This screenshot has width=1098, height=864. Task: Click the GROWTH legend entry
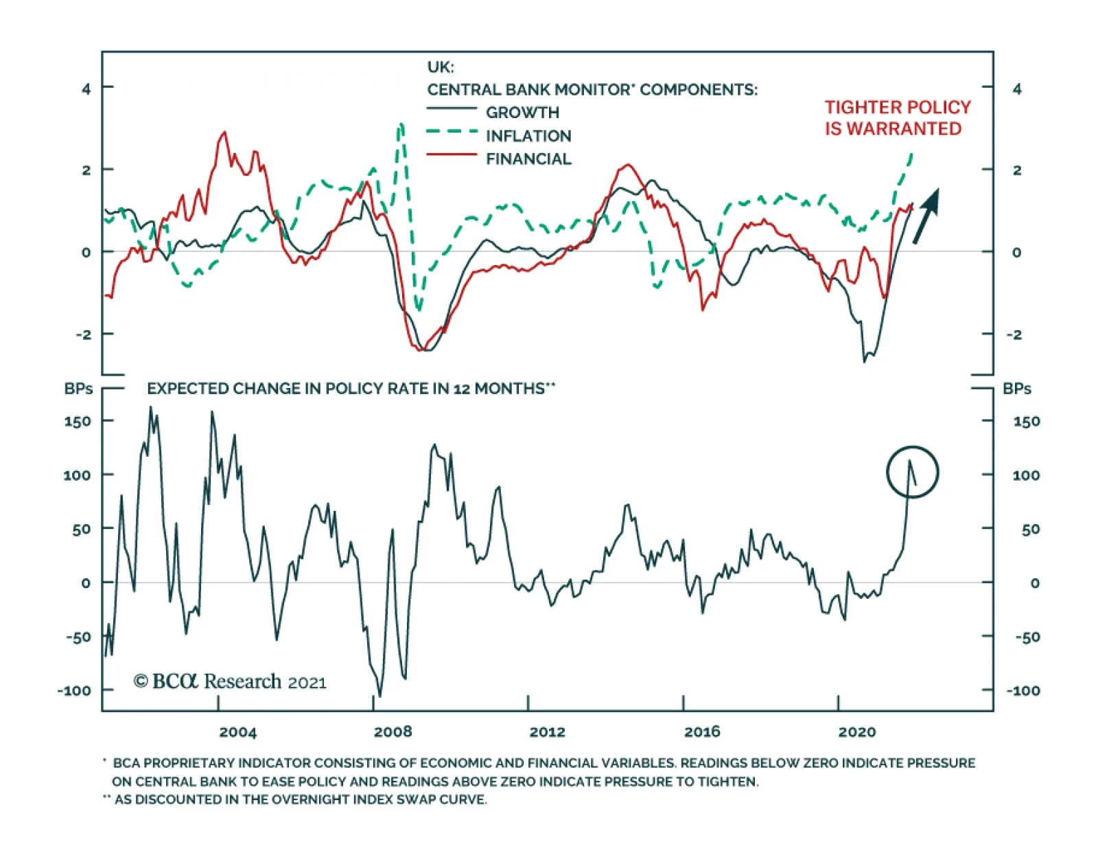click(522, 113)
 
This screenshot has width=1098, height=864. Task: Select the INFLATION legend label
click(528, 136)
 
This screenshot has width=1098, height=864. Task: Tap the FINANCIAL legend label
click(528, 159)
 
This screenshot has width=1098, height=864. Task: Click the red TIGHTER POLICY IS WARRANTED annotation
click(897, 118)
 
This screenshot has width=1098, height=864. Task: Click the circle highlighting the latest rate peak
click(912, 472)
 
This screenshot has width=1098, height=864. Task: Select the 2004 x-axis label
click(237, 732)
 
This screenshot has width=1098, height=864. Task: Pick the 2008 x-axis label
click(393, 732)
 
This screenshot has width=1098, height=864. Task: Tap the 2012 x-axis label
click(547, 732)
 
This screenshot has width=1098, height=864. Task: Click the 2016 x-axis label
click(702, 732)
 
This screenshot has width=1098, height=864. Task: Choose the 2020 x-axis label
click(857, 732)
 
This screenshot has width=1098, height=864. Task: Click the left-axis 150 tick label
click(78, 421)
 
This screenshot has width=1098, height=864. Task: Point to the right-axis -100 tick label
click(1023, 690)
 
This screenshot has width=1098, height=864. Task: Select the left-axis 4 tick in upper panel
click(86, 89)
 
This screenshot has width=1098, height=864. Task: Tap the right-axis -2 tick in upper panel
click(1014, 335)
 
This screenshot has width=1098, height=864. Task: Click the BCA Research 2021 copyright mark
click(230, 681)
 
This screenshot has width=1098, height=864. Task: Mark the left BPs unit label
click(78, 389)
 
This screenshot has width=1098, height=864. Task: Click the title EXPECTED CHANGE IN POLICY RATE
click(351, 389)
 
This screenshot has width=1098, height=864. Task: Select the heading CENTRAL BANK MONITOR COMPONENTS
click(592, 90)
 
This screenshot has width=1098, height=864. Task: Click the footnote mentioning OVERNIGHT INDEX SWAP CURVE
click(295, 799)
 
